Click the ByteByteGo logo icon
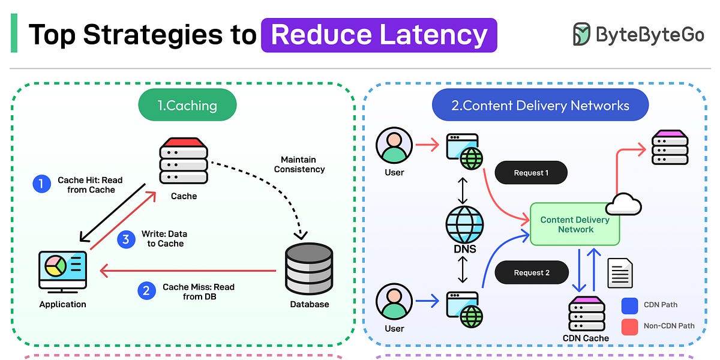[581, 35]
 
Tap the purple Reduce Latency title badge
[379, 35]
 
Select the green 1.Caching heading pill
[187, 106]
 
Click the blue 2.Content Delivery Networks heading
[540, 106]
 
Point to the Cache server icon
[184, 162]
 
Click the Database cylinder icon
[309, 269]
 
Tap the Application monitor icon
[62, 272]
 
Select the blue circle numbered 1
[41, 184]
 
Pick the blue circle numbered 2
[146, 291]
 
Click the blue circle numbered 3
[125, 239]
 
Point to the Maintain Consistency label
[299, 164]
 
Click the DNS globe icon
[464, 224]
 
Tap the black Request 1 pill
[531, 173]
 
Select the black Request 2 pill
[531, 272]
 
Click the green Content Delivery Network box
[574, 224]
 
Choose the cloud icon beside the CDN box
[623, 205]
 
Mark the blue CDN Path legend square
[631, 305]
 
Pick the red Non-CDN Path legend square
[631, 326]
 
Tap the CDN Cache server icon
[586, 313]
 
